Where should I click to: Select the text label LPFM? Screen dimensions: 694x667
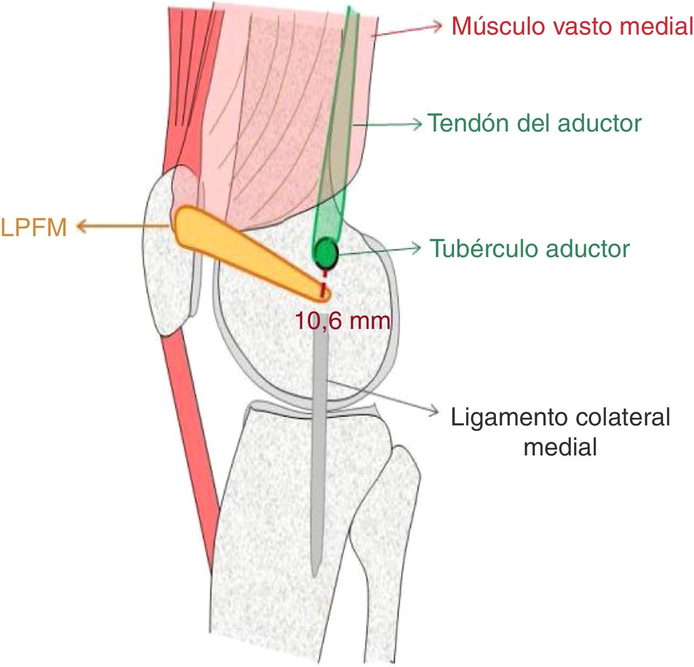pos(34,227)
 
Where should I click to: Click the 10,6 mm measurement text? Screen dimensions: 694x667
pos(342,321)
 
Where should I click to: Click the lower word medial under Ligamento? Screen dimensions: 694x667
pos(560,447)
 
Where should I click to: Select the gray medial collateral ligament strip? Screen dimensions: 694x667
pos(319,455)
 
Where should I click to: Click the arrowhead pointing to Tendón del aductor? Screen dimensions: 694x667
pos(417,123)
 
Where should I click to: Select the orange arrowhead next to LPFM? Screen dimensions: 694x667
pos(81,226)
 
